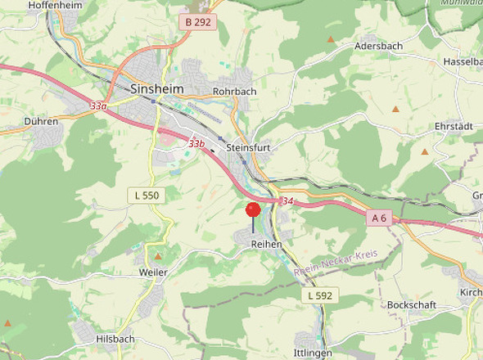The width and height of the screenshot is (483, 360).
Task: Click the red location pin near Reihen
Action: point(253,209)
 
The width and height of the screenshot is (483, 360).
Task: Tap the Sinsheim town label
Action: point(156,88)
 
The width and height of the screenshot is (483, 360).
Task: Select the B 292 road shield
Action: point(198,22)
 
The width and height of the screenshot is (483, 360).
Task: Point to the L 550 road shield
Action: point(147,195)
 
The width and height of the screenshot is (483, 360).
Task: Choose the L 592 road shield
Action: point(320,295)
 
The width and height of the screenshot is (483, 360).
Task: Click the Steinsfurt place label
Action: point(248,148)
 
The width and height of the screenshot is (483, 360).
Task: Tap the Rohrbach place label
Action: point(235,91)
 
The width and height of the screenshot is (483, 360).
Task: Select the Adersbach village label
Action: point(378,47)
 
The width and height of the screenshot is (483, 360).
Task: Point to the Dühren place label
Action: point(41,121)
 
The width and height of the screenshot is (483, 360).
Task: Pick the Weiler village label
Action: point(153,272)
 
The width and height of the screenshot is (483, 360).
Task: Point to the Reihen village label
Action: point(266,245)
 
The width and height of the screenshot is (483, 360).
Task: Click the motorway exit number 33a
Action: point(98,106)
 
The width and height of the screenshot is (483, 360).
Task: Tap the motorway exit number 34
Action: point(287,200)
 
